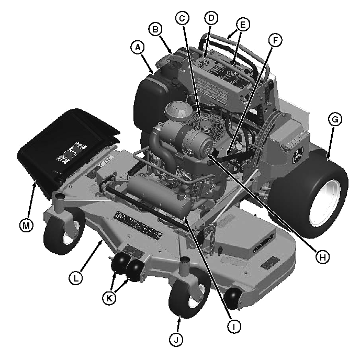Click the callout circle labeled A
tap(138, 48)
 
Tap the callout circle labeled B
tap(155, 29)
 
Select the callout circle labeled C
tap(182, 18)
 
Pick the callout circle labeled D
tap(211, 18)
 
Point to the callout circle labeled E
tap(243, 24)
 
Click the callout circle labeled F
tap(275, 40)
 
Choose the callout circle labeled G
tap(335, 119)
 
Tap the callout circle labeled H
tap(322, 257)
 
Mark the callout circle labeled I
tap(234, 327)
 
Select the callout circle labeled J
tap(176, 340)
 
